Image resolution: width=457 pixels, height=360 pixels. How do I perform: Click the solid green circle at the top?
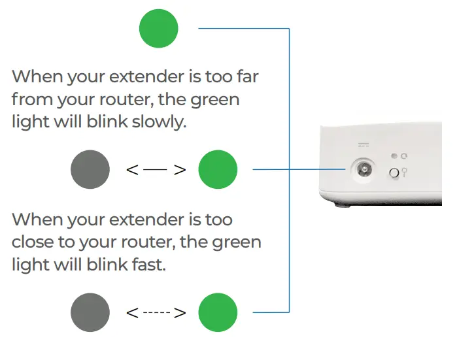coord(159,28)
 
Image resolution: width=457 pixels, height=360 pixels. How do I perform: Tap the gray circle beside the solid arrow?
coord(90,170)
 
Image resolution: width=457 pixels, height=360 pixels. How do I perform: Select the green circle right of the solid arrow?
coord(218,170)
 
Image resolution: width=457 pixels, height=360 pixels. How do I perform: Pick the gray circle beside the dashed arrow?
coord(90,312)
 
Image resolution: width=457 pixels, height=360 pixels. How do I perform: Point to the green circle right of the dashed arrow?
coord(218,312)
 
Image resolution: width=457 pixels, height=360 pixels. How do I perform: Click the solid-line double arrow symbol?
coord(156,170)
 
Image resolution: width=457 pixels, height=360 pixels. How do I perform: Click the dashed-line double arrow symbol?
coord(156,312)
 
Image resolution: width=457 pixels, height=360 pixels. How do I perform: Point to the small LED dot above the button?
coord(394,156)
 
